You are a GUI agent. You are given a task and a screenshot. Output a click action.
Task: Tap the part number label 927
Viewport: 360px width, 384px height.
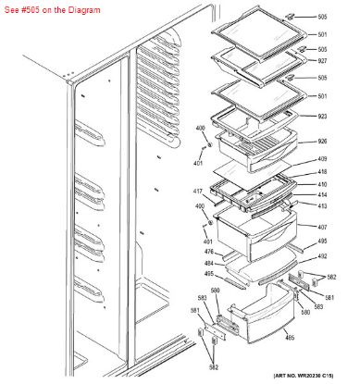[322, 60]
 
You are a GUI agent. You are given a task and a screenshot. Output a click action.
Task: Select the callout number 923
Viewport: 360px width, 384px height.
[322, 117]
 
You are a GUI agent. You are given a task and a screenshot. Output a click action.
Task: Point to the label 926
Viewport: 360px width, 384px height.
[322, 142]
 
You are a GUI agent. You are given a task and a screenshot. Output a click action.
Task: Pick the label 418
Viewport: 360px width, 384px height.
[322, 173]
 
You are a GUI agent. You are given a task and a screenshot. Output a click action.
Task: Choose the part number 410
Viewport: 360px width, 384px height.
[322, 184]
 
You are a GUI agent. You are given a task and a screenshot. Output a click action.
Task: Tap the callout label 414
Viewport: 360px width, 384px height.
[322, 194]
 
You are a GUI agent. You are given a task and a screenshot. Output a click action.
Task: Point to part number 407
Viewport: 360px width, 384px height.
[322, 228]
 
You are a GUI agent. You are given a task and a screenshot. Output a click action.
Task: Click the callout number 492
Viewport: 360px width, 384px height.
[322, 256]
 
